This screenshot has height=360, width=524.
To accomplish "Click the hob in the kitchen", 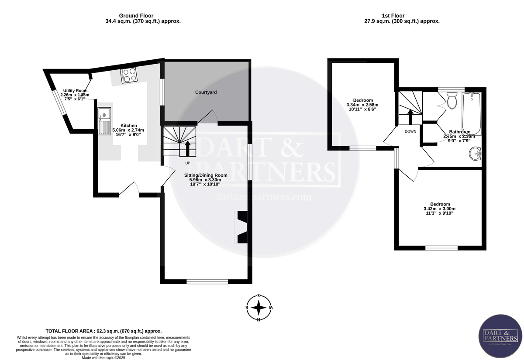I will [129, 75].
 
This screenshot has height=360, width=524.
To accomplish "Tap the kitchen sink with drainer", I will [104, 120].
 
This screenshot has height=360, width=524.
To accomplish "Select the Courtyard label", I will [206, 93].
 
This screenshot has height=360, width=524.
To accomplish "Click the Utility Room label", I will [75, 91].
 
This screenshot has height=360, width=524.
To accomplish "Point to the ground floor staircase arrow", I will [188, 148].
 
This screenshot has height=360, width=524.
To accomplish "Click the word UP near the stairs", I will [188, 163].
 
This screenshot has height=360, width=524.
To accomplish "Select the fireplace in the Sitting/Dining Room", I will [241, 227].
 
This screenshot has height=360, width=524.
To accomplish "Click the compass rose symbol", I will [259, 308].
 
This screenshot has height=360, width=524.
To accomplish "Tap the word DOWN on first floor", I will [410, 131].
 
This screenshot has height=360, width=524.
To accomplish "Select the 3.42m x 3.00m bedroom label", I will [440, 209].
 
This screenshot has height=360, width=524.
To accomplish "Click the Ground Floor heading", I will [136, 16].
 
